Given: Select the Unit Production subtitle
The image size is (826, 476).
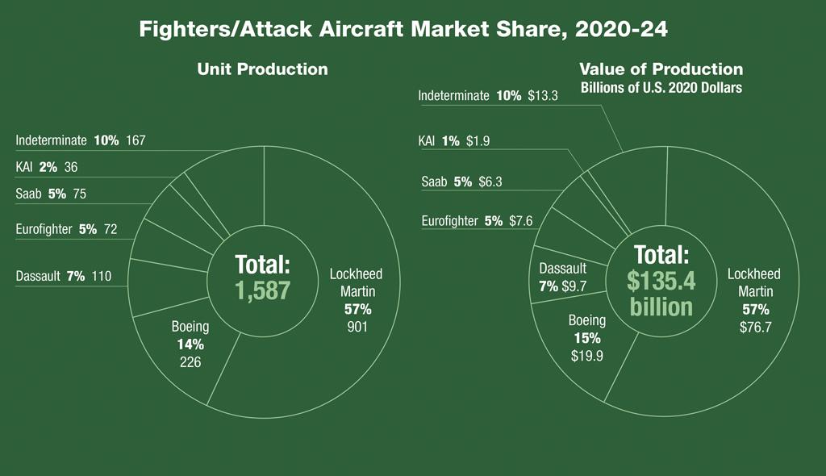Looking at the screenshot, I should (x=262, y=69).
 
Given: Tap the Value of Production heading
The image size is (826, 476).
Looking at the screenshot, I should (x=661, y=69).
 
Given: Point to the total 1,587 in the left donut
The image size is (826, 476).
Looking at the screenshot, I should (x=262, y=291).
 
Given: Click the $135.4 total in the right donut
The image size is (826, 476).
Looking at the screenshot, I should (x=661, y=280).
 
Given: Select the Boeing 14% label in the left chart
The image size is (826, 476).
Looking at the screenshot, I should (x=190, y=344).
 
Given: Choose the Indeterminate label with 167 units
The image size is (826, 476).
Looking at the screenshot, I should (x=81, y=140).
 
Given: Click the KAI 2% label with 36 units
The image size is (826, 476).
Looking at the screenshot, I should (x=52, y=168).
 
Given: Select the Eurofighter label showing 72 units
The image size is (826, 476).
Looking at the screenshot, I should (x=66, y=229).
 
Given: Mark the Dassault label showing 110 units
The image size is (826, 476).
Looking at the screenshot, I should (x=63, y=277).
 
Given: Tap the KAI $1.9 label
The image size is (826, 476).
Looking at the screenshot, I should (x=454, y=141).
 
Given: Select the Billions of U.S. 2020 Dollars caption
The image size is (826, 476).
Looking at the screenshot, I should (x=661, y=87).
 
